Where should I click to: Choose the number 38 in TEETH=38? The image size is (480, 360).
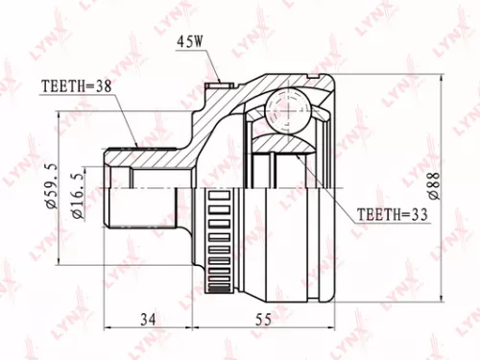(103, 85)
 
